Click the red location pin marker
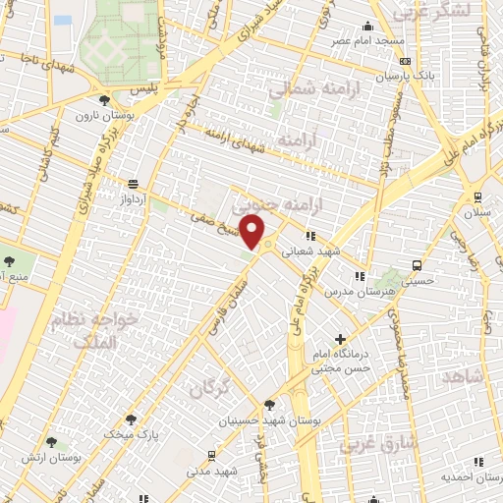coord(253,234)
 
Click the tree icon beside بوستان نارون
coord(105,99)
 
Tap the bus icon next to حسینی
coord(418,265)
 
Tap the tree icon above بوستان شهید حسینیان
coord(269,403)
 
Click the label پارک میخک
coord(130,432)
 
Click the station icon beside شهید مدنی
coord(211,455)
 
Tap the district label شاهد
coord(464,376)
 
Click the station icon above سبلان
coord(477,196)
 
